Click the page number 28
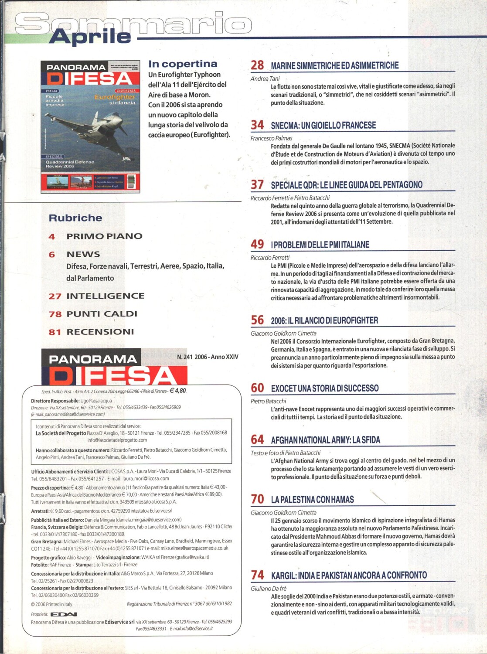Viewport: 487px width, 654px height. click(x=257, y=65)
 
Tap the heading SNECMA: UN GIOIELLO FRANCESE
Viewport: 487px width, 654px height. click(x=323, y=126)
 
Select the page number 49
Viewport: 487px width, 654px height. click(x=257, y=244)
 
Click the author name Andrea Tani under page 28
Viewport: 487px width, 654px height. click(x=265, y=78)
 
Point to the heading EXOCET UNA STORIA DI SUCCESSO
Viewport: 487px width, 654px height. click(x=324, y=388)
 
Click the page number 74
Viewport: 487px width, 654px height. click(x=257, y=575)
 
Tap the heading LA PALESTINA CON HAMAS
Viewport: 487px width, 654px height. click(x=312, y=500)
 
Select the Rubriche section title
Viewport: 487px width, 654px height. click(x=75, y=218)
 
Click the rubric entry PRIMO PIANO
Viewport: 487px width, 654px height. click(x=104, y=236)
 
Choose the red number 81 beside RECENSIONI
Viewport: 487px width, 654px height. click(x=55, y=332)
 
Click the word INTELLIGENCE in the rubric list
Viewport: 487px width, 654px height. click(x=105, y=296)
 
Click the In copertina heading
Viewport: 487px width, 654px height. click(x=183, y=64)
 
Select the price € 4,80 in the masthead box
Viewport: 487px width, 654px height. click(x=177, y=391)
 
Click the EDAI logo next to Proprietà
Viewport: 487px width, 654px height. click(x=64, y=614)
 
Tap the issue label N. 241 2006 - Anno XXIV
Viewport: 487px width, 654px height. click(x=208, y=357)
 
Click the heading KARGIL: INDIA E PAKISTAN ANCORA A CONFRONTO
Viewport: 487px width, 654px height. click(x=349, y=576)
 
